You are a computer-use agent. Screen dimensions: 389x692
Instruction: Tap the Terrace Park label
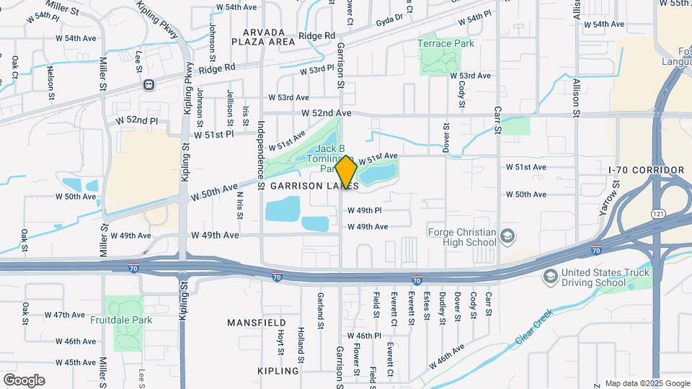tap(445, 43)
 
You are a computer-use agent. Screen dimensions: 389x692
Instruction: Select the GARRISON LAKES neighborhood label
tap(314, 186)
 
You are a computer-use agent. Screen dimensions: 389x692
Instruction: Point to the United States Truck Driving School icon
tap(551, 277)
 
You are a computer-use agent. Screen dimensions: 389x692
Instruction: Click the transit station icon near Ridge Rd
tap(149, 84)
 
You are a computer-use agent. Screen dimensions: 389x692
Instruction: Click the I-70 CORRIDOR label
tap(645, 170)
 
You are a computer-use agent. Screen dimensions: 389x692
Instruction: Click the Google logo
tap(24, 380)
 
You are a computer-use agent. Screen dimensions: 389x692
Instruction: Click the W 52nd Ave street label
tap(326, 113)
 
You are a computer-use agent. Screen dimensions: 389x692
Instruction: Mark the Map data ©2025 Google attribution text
tap(646, 383)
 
